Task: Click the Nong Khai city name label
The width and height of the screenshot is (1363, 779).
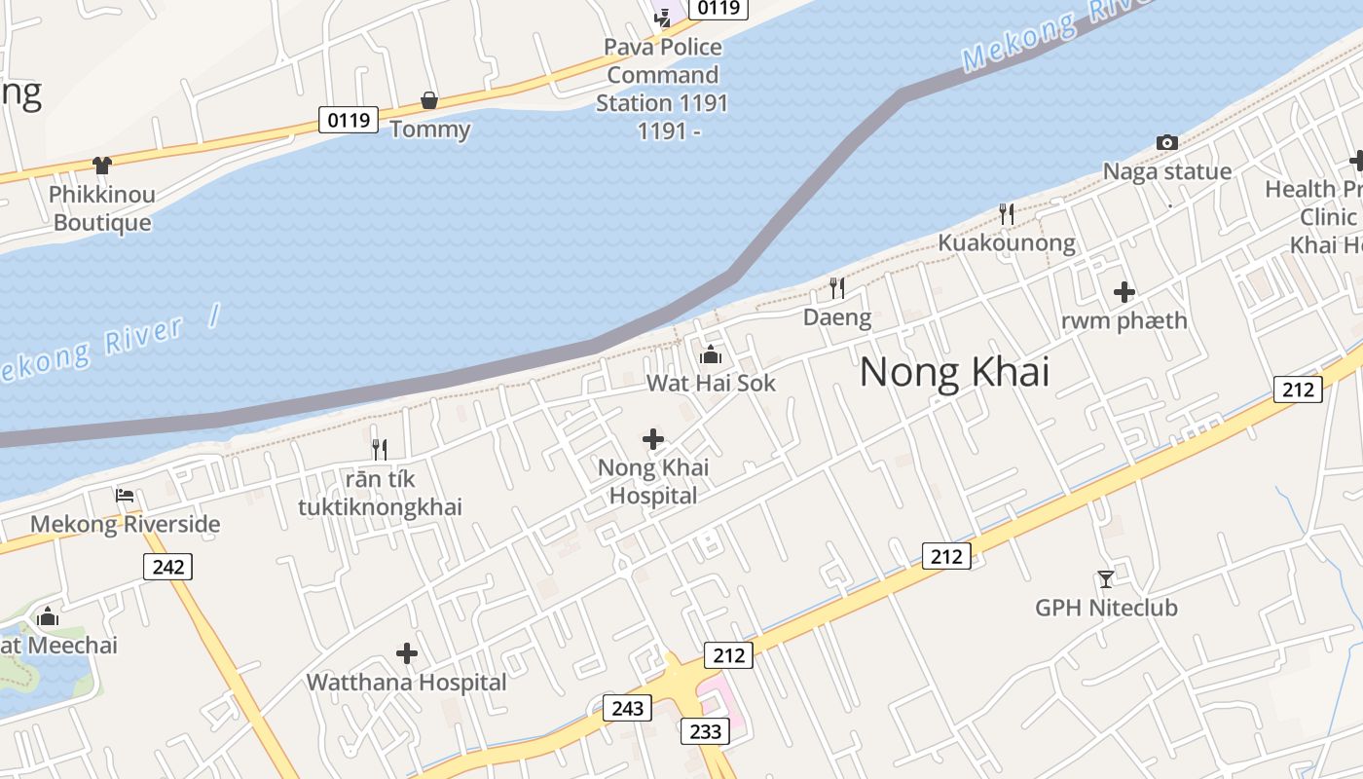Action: coord(954,372)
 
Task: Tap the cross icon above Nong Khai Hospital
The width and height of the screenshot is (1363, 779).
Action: coord(653,440)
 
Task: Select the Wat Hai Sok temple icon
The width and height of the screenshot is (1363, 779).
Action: coord(711,354)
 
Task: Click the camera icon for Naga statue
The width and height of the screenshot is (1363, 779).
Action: coord(1166,143)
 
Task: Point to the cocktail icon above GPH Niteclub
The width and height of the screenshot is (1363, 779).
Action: coord(1105,579)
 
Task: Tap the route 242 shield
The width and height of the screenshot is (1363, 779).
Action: coord(167,566)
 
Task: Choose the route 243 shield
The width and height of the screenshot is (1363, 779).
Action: coord(627,708)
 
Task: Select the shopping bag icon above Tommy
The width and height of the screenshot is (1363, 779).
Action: coord(428,100)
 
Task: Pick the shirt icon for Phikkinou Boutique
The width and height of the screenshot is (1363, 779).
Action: coord(102,166)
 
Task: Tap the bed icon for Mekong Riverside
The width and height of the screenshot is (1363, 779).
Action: coord(125,496)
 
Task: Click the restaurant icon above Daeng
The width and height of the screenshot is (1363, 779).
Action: coord(836,287)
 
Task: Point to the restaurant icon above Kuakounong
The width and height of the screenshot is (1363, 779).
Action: coord(1007,213)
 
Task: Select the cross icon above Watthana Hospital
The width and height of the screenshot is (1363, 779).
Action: coord(407,653)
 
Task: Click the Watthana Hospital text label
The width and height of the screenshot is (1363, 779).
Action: coord(406,683)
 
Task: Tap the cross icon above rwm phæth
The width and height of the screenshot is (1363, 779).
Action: coord(1124,291)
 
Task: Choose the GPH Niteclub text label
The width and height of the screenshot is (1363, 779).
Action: coord(1106,608)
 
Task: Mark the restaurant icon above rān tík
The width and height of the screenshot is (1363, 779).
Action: coord(380,449)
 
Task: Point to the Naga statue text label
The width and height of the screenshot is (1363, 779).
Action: coord(1166,171)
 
